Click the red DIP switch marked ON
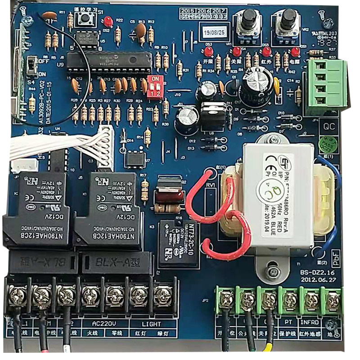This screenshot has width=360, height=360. click(x=154, y=83)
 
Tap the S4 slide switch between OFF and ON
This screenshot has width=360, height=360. click(x=31, y=66)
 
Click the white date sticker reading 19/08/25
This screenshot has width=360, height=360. click(x=214, y=32)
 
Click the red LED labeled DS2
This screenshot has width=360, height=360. click(x=108, y=21)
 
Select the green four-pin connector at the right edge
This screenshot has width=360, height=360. click(x=326, y=88)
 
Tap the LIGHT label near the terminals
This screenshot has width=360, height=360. click(x=151, y=323)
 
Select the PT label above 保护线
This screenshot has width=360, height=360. click(x=288, y=322)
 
